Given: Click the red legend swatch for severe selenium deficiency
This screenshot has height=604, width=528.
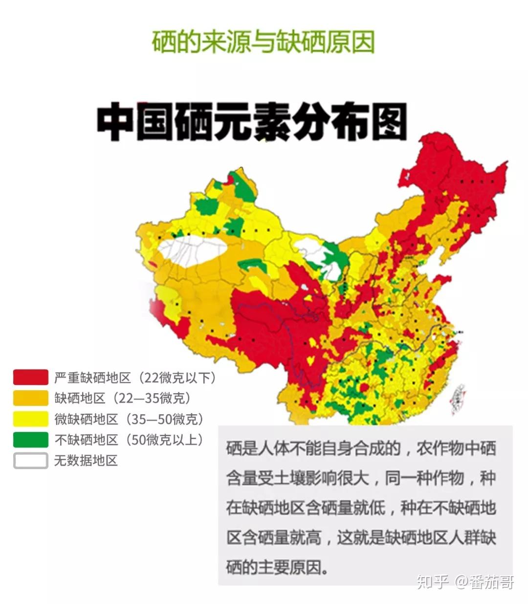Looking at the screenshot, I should point(30,377).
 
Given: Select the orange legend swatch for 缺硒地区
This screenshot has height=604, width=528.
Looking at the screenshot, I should point(30,398).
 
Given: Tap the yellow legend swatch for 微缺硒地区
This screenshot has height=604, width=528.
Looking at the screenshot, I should point(30,419).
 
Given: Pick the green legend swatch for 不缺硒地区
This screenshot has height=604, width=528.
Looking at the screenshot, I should point(30,440).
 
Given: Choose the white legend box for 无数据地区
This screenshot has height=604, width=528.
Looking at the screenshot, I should point(30,461).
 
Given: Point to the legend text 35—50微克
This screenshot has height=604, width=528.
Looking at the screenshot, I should point(164,419).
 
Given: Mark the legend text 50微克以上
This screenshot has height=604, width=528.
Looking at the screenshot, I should point(164,440).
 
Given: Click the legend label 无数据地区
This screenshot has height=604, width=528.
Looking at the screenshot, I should point(86,461).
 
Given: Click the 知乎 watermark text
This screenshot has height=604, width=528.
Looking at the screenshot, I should point(432,582).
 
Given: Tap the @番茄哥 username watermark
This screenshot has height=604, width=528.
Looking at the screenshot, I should point(484,582).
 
